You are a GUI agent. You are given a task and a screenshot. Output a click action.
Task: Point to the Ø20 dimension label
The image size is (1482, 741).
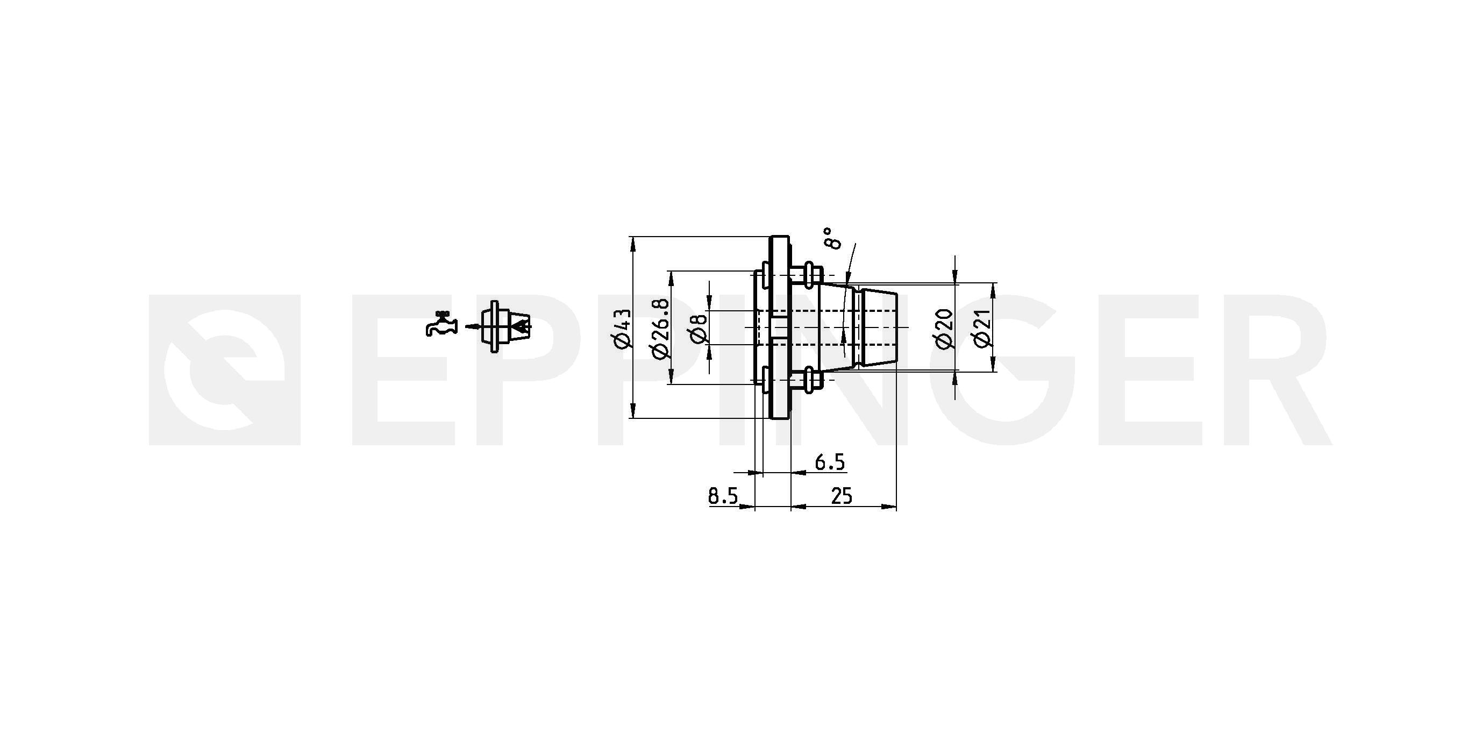pos(945,329)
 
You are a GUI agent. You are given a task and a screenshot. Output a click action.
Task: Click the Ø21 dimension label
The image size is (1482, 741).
pos(982,329)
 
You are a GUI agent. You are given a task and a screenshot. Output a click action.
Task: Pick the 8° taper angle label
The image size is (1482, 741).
pos(832,238)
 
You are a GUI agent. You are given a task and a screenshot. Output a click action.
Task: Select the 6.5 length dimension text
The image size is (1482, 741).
pos(830,462)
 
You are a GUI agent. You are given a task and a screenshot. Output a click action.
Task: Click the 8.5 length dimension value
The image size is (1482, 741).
pos(723,496)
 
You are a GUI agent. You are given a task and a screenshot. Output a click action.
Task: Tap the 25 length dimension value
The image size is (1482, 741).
pos(841,496)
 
